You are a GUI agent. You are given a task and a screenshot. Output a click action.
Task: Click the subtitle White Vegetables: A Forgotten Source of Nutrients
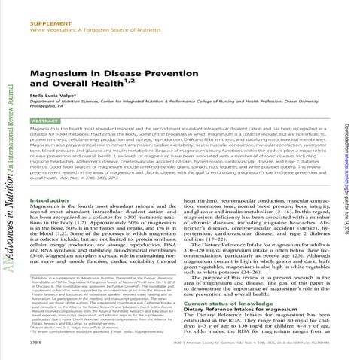90,15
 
